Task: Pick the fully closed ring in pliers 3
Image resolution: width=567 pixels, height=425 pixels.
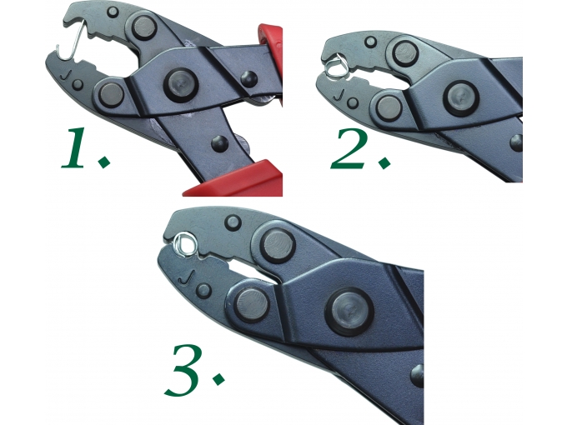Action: (x=186, y=245)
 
